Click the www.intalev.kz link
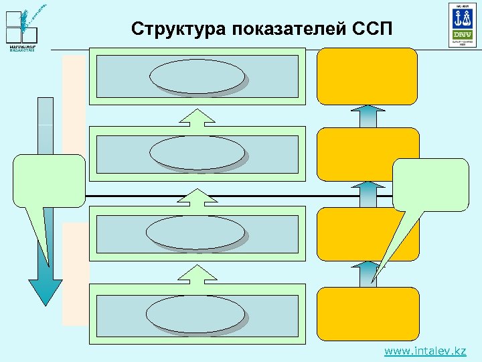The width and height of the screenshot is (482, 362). click(x=425, y=351)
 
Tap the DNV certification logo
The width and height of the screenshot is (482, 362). click(x=462, y=25)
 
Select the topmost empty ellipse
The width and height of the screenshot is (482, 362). click(x=197, y=76)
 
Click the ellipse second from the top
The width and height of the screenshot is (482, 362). click(x=197, y=153)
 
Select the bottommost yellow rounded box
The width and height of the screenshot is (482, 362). click(x=368, y=312)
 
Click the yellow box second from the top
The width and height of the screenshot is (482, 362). click(x=368, y=154)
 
